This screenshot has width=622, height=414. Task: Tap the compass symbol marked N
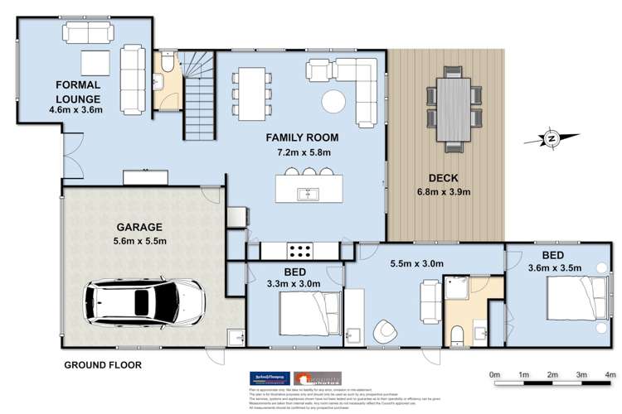(550, 138)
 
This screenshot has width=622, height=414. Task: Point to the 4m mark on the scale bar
(610, 375)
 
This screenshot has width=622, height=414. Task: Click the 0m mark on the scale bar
(495, 375)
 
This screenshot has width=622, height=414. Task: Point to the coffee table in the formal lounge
(95, 62)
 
